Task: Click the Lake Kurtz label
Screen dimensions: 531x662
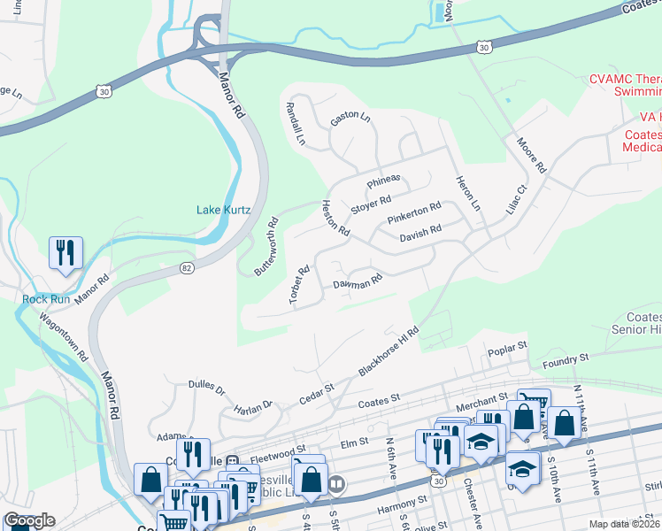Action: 223,210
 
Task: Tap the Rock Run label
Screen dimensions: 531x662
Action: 46,299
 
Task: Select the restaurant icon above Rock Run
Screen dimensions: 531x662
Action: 65,253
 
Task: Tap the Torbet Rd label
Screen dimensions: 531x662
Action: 298,286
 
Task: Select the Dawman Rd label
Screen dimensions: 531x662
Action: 357,283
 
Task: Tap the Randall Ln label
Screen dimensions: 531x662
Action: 295,123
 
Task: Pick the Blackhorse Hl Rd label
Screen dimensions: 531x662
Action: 388,351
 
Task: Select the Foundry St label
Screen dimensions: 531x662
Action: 565,358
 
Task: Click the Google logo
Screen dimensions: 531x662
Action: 29,520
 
